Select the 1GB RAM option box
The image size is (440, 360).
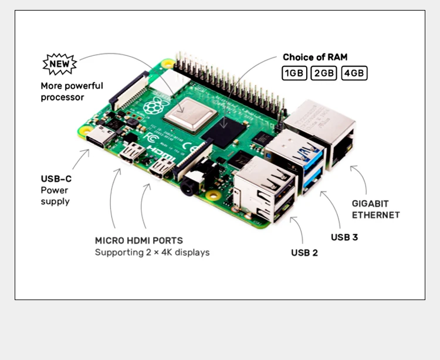(293, 73)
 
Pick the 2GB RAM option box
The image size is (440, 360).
(324, 73)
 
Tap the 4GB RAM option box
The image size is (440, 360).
(354, 73)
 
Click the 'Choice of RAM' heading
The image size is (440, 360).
(315, 57)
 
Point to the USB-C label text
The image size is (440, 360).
(56, 179)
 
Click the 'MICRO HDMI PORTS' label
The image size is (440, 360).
(138, 241)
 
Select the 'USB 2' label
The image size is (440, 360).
(304, 253)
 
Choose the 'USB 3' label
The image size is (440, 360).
(344, 237)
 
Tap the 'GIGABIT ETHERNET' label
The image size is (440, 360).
(375, 209)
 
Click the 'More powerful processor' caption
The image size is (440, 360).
(72, 92)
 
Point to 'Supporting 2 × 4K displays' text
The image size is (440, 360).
(152, 253)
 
